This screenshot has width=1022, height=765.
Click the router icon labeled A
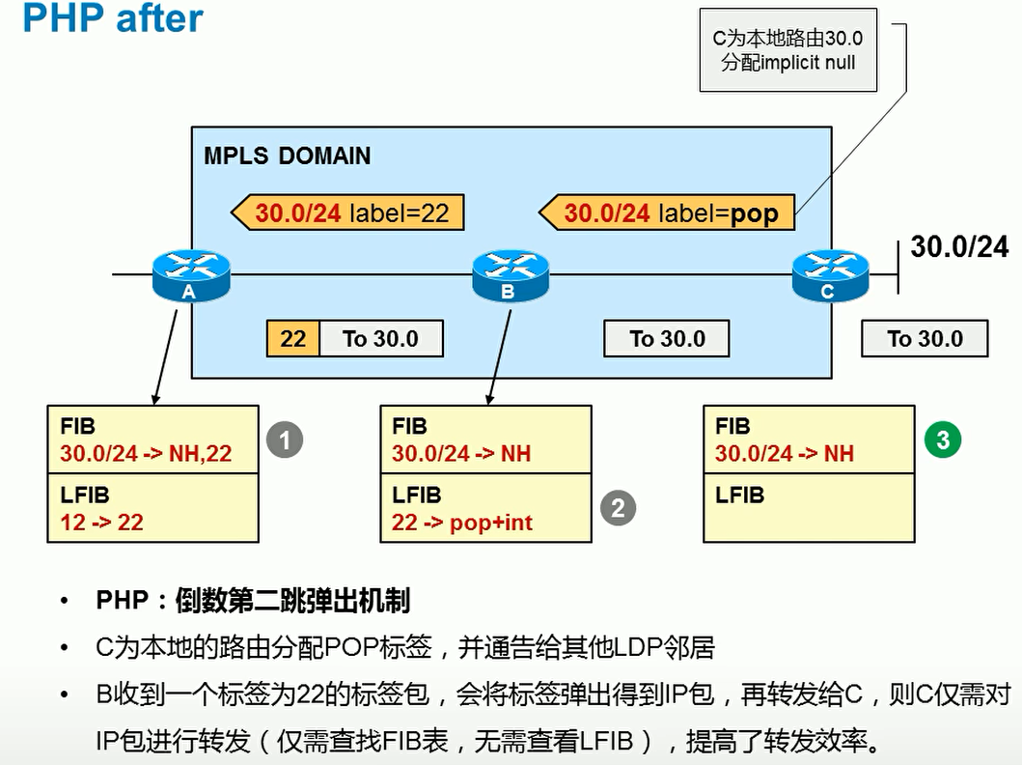(x=191, y=273)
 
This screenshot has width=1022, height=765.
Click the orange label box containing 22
(x=292, y=339)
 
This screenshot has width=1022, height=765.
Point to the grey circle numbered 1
(x=285, y=440)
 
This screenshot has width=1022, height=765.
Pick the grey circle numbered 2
(x=619, y=507)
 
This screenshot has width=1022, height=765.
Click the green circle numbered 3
(x=943, y=440)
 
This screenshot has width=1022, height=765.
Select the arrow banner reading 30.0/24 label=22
(x=347, y=212)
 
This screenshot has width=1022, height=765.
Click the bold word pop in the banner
(x=754, y=212)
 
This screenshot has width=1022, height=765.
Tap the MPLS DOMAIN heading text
(x=287, y=156)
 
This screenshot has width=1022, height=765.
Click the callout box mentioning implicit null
(x=787, y=51)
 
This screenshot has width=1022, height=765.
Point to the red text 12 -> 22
(x=101, y=523)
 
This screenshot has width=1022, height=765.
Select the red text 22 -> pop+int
(x=462, y=523)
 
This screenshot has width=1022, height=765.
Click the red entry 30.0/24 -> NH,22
(x=146, y=453)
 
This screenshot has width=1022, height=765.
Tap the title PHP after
(x=112, y=18)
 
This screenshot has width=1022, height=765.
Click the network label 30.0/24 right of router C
(x=959, y=247)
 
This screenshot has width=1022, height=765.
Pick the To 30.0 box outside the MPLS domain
(x=925, y=339)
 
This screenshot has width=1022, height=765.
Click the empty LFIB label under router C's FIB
(x=740, y=496)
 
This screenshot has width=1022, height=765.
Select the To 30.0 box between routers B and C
(x=667, y=339)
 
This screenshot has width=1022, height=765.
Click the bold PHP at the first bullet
(x=123, y=601)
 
